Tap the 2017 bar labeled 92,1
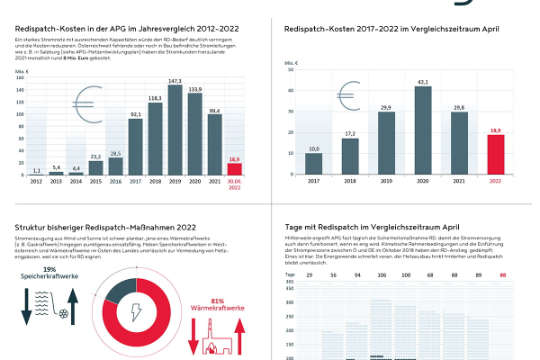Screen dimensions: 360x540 (136, 144)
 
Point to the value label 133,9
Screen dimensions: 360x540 (195, 88)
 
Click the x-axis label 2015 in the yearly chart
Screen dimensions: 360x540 (95, 182)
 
